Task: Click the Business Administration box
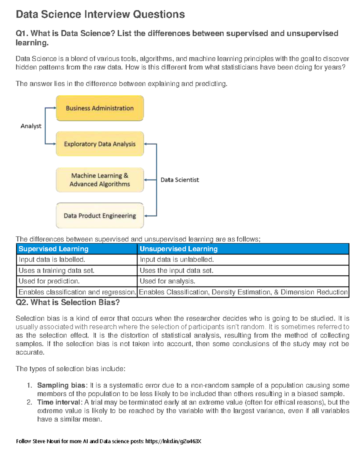(100, 108)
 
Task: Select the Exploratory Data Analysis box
(100, 144)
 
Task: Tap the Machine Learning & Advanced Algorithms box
(100, 180)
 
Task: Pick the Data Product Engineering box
(100, 216)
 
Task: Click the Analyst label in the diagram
(31, 126)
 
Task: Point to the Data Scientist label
(180, 180)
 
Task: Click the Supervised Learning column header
(53, 249)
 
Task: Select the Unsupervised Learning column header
(178, 249)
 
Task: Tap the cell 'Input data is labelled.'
(52, 260)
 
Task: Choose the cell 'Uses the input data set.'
(176, 270)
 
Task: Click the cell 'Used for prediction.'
(49, 281)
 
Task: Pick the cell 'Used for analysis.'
(167, 281)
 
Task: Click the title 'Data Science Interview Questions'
(100, 14)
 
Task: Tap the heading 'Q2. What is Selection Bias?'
(67, 302)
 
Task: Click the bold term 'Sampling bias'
(61, 385)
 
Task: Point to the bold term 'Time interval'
(58, 402)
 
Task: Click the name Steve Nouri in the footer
(46, 441)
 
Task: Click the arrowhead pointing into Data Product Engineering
(146, 216)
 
